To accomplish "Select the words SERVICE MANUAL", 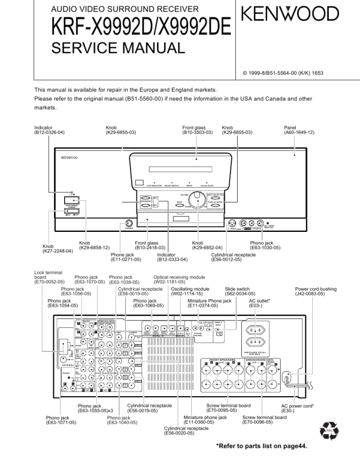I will click(x=118, y=49).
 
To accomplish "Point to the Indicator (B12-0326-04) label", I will click(x=49, y=130).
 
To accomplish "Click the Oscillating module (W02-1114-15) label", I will click(x=190, y=292).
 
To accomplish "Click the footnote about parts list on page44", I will click(x=261, y=446).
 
